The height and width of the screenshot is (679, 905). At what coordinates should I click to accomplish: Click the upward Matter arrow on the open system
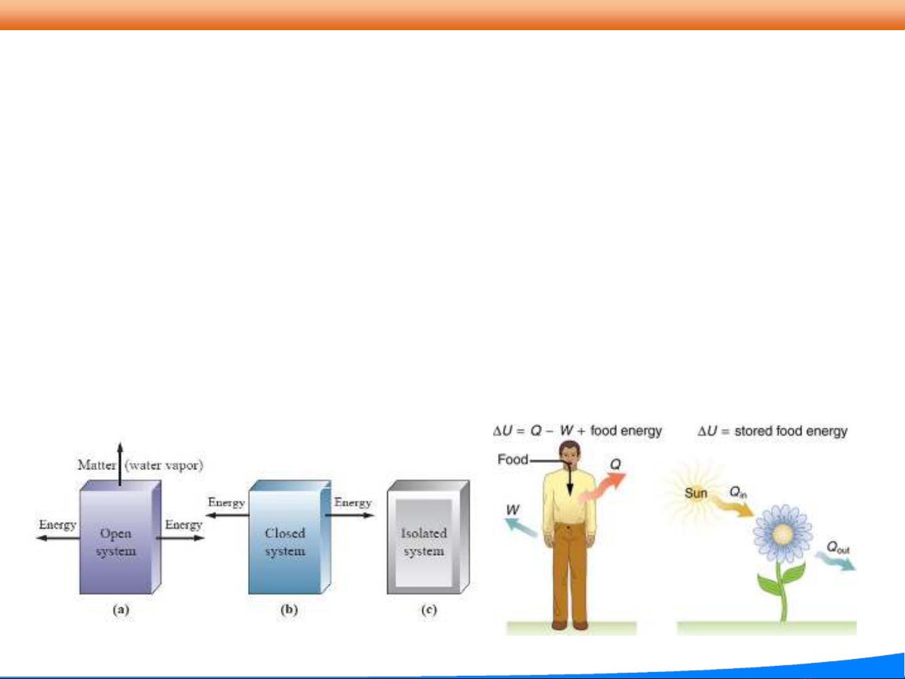120,464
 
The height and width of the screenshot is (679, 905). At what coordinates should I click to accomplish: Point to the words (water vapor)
164,465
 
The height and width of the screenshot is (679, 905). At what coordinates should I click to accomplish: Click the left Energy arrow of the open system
58,538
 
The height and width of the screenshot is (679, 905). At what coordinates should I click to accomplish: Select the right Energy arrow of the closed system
350,515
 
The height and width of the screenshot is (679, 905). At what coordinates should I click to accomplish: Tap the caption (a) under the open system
121,610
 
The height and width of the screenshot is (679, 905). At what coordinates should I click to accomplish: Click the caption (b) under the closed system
289,610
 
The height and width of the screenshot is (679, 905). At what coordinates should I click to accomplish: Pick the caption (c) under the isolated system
429,610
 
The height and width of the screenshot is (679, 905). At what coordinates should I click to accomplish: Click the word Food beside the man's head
512,459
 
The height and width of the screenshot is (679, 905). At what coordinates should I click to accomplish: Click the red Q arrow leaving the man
603,487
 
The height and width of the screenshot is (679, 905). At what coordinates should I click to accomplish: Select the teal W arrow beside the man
521,527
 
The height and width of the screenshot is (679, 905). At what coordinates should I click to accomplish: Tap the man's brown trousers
571,573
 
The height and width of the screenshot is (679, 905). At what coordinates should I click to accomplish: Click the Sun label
696,493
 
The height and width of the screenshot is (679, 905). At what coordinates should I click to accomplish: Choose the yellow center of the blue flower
782,535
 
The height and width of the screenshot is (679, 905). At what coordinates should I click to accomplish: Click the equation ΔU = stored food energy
772,432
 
